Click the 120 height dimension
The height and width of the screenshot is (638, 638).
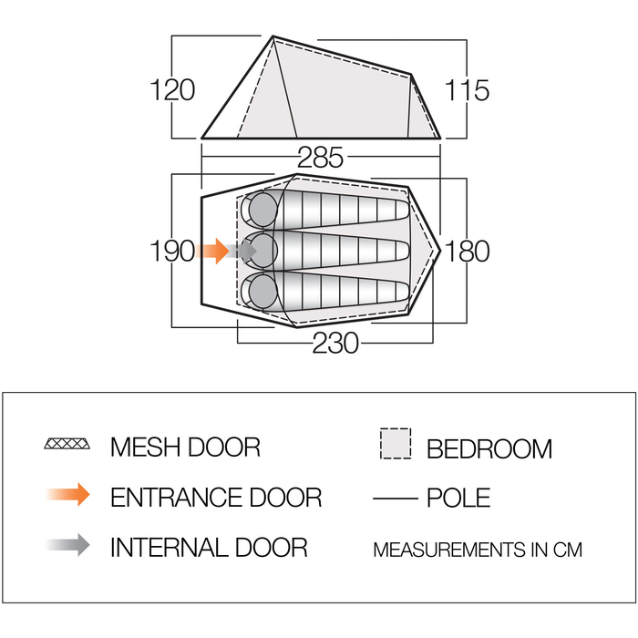[x=173, y=90]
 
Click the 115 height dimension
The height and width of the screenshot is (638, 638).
[x=468, y=90]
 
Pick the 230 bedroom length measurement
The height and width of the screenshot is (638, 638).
[x=335, y=343]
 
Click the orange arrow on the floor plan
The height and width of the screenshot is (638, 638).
[x=215, y=251]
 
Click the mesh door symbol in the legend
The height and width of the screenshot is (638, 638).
[x=68, y=445]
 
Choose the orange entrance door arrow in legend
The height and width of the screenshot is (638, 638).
[x=69, y=495]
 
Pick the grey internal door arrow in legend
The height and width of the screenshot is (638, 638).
[x=69, y=545]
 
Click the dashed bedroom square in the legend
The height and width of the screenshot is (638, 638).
[x=395, y=444]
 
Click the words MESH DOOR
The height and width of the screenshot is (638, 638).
[x=185, y=447]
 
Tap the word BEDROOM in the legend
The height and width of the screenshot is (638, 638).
[x=489, y=448]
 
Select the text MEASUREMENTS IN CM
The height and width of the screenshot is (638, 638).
[x=477, y=550]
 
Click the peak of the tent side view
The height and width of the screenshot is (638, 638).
[x=273, y=38]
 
